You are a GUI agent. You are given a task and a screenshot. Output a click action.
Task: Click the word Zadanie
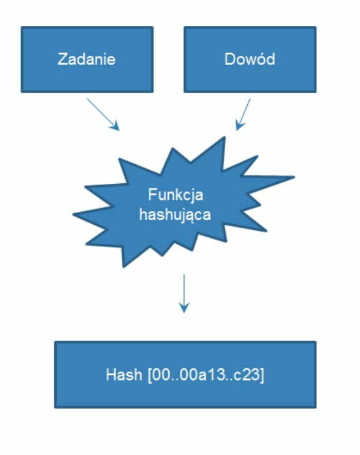click(x=87, y=59)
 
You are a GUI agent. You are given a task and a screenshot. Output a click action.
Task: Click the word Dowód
click(x=250, y=59)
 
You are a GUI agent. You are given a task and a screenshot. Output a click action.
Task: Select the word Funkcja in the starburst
click(x=175, y=195)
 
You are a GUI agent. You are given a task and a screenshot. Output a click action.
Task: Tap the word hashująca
click(x=175, y=215)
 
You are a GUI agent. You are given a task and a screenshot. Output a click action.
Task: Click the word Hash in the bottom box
click(x=124, y=374)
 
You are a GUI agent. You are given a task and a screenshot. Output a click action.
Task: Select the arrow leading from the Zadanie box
click(x=103, y=115)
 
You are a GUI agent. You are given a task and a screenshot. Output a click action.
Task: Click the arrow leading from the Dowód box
click(x=243, y=115)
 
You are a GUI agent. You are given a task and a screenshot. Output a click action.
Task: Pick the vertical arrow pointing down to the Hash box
click(x=184, y=293)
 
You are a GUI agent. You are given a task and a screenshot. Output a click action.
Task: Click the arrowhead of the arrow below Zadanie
click(x=115, y=127)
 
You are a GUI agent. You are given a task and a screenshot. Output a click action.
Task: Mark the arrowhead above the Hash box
click(x=184, y=308)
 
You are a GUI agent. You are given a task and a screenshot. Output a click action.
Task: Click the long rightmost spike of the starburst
click(x=294, y=177)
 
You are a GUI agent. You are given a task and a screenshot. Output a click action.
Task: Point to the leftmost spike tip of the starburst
click(x=74, y=214)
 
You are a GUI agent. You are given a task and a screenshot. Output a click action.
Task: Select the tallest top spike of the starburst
click(x=224, y=138)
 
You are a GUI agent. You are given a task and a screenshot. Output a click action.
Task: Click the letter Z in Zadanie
click(x=62, y=59)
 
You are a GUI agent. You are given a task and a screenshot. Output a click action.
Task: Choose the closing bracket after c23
click(x=262, y=375)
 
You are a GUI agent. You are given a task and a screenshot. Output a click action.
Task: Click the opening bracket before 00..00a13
click(x=150, y=375)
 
